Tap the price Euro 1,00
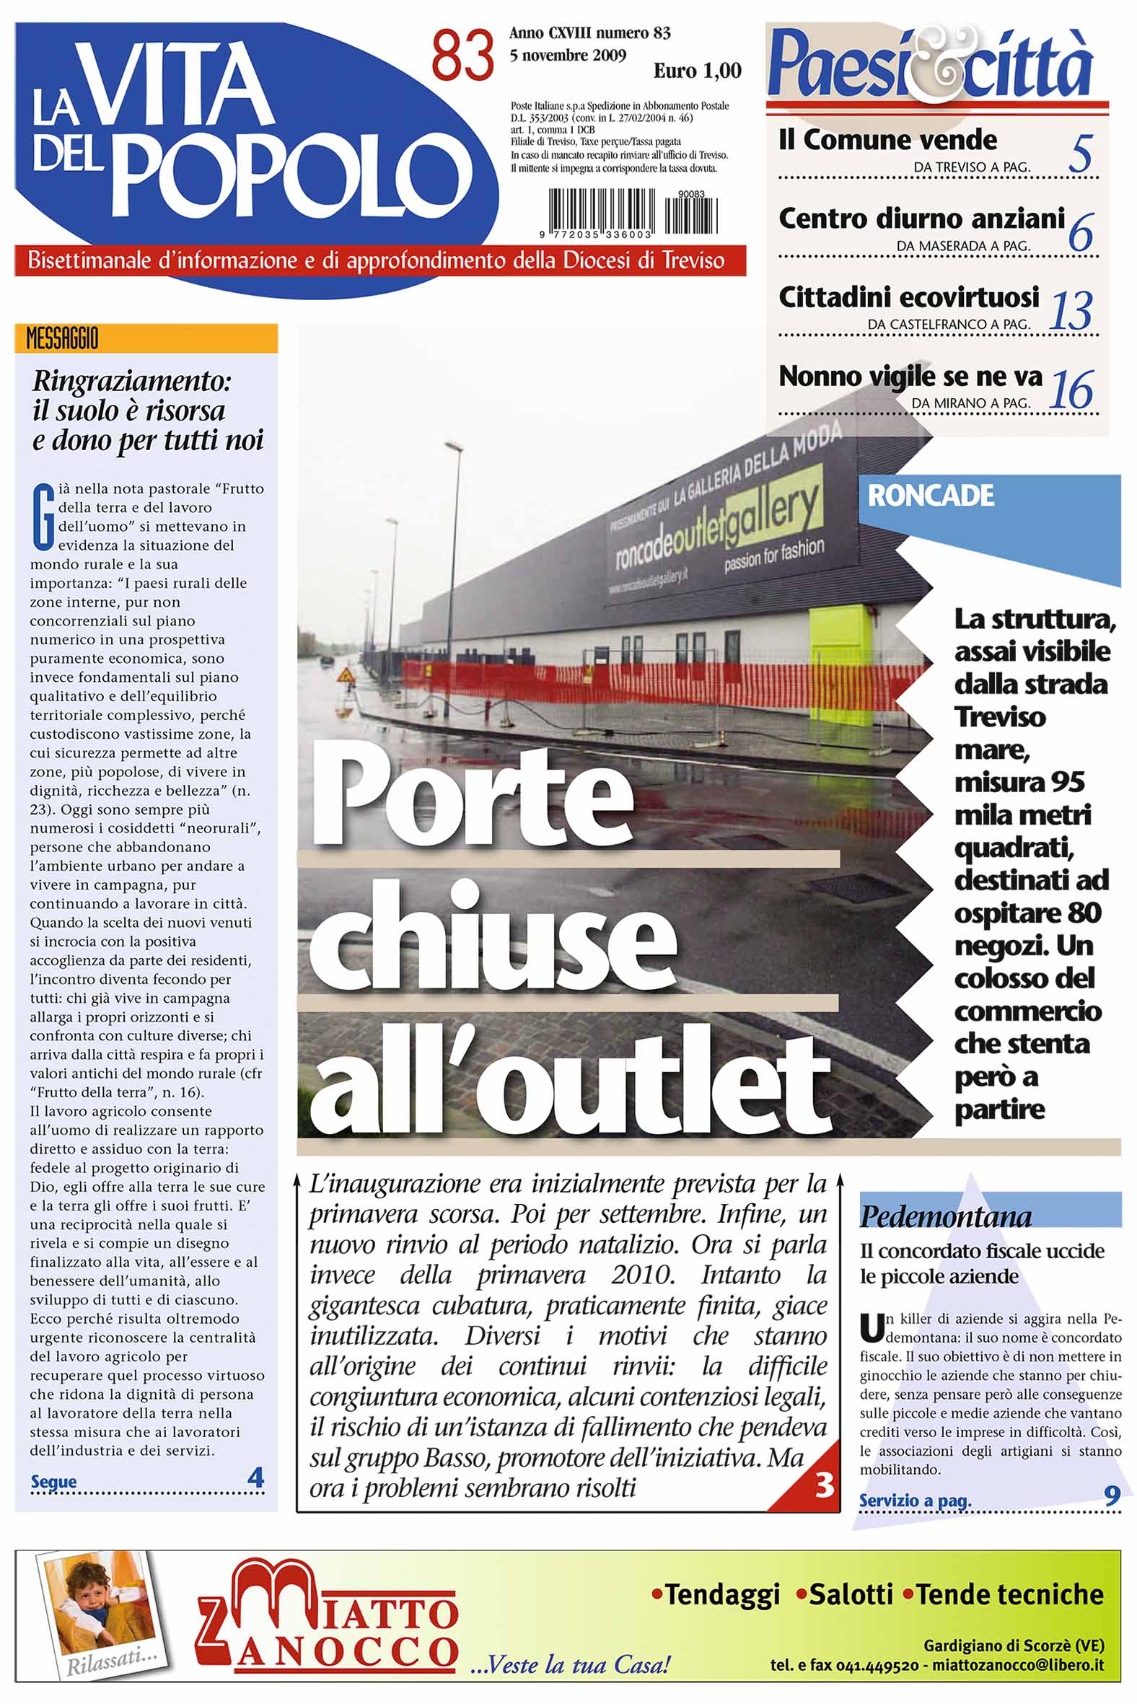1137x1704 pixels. tap(697, 71)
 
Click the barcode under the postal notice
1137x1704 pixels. tap(632, 211)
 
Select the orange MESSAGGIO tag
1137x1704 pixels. tap(62, 338)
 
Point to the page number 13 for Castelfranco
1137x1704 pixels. tap(1071, 311)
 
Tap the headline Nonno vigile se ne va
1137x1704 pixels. tap(910, 377)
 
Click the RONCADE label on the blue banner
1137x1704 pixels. tap(931, 496)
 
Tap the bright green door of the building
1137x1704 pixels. tap(841, 667)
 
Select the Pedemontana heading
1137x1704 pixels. tap(946, 1216)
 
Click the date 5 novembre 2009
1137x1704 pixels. tap(568, 56)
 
